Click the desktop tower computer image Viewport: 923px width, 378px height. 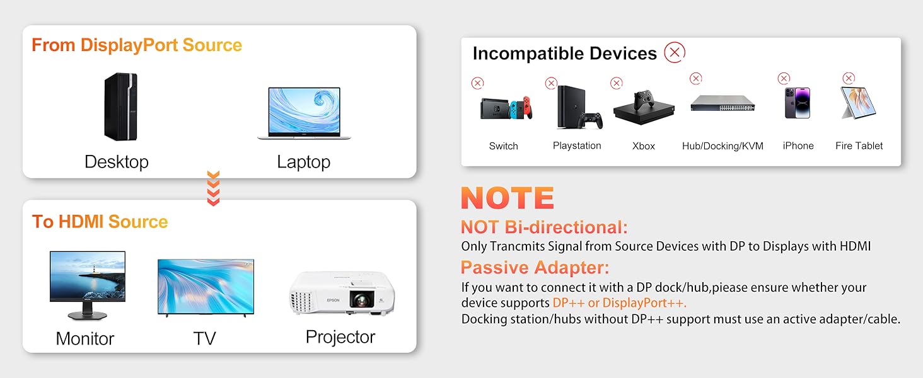tap(120, 106)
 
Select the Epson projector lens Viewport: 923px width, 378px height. tap(362, 299)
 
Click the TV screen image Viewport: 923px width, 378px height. tap(206, 287)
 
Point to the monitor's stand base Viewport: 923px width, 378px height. tap(88, 316)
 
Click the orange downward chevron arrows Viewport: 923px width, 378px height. tap(213, 188)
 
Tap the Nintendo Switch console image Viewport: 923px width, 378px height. tap(506, 108)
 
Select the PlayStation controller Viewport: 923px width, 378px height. tap(591, 121)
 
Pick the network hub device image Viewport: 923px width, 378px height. tap(723, 103)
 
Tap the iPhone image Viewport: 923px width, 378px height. tap(798, 103)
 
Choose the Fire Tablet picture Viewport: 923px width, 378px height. tap(858, 103)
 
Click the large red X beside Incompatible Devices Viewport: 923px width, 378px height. tap(675, 52)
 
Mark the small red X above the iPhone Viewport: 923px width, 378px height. tap(784, 78)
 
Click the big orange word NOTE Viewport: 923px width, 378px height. tap(508, 198)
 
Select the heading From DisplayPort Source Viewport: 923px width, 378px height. tap(137, 45)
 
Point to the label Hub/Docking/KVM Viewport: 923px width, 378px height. tap(723, 146)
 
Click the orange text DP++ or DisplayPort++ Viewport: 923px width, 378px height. tap(619, 302)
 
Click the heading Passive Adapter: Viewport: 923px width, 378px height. tap(535, 268)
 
